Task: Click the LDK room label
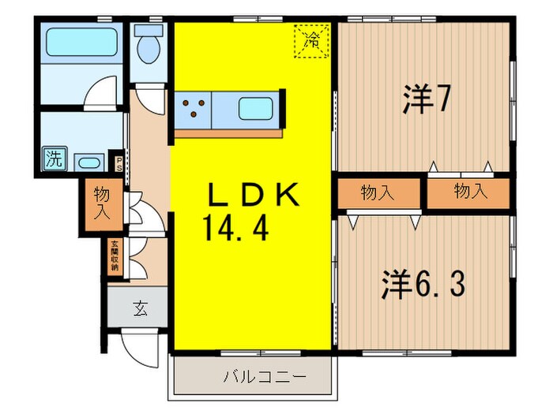tap(252, 195)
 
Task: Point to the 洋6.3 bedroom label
tap(423, 285)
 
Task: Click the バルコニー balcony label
tap(254, 377)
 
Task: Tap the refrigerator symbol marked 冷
tap(310, 40)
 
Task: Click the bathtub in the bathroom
tap(81, 42)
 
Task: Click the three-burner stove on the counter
tap(194, 107)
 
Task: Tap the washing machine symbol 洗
tap(54, 157)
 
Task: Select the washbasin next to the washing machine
tap(88, 163)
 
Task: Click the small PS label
tap(119, 163)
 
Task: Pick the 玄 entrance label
tap(137, 308)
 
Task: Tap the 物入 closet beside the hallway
tap(102, 204)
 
